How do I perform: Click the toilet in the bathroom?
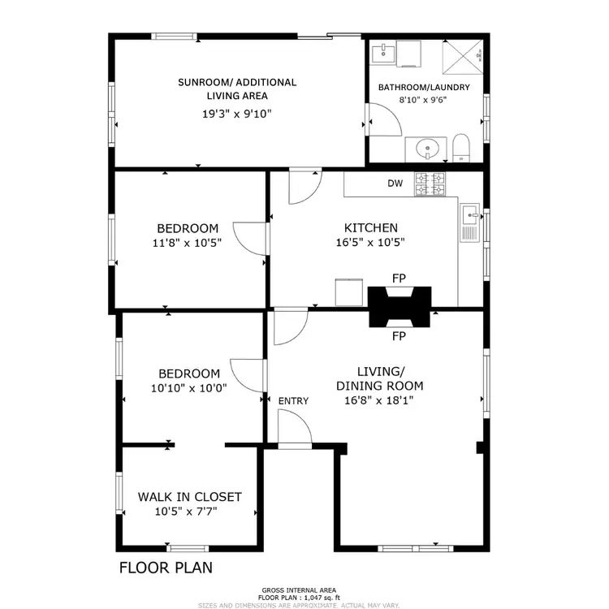tap(461, 148)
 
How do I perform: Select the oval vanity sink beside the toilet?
tap(426, 149)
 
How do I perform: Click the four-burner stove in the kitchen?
tap(430, 184)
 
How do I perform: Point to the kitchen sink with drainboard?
tap(470, 222)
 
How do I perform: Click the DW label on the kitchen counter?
tap(395, 184)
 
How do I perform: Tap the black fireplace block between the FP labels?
tap(399, 307)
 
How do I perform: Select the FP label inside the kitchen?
tap(399, 279)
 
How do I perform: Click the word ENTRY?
tap(293, 401)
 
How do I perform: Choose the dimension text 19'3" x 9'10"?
tap(237, 114)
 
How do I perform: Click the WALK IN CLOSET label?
tap(189, 497)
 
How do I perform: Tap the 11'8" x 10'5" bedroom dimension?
tap(188, 242)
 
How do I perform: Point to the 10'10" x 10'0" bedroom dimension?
tap(188, 388)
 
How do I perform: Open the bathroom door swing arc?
tap(386, 122)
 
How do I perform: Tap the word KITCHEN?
tap(370, 228)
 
